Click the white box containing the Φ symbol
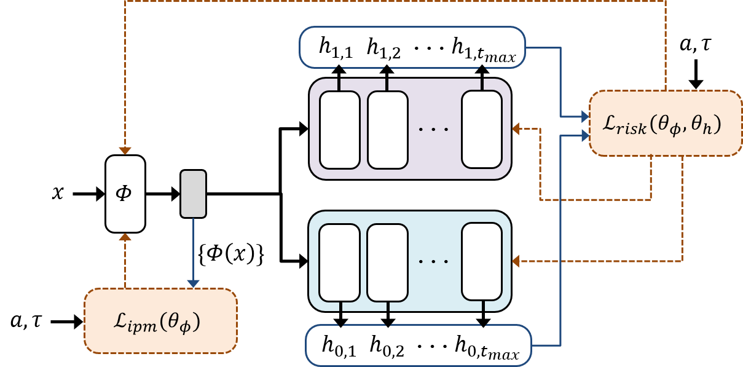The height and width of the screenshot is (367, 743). click(x=125, y=194)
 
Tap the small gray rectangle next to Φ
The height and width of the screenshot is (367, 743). click(x=193, y=194)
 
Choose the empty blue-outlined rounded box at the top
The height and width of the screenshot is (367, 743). click(x=412, y=47)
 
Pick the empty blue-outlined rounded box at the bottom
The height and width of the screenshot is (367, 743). click(x=418, y=345)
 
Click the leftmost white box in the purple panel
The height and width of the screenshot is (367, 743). click(x=340, y=130)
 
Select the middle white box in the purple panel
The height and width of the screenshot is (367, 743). click(x=388, y=130)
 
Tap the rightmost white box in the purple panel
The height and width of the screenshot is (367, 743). click(x=482, y=129)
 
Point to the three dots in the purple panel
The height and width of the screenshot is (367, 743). click(x=434, y=130)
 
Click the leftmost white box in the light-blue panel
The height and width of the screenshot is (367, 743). click(x=340, y=262)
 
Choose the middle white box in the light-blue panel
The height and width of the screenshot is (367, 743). click(x=388, y=262)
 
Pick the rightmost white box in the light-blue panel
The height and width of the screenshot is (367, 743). click(x=482, y=261)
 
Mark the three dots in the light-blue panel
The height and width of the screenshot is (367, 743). click(x=434, y=262)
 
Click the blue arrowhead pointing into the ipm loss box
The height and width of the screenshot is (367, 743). click(x=193, y=283)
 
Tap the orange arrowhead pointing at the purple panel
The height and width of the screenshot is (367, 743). click(x=517, y=128)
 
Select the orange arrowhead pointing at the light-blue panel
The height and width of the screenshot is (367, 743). click(x=517, y=261)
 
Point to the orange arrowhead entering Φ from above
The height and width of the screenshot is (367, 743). click(x=125, y=151)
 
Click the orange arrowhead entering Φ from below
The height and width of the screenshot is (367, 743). click(x=125, y=237)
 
